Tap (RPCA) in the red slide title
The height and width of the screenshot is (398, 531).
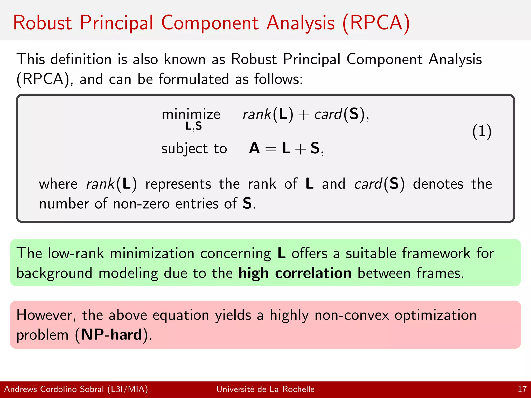pos(376,23)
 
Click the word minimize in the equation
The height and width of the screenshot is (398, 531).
pos(191,114)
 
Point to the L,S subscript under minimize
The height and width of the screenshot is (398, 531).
pos(193,126)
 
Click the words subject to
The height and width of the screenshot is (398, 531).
pos(194,149)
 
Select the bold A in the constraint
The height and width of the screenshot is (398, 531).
pos(254,148)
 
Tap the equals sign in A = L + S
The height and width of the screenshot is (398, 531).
pos(271,149)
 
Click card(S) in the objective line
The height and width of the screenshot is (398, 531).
pos(339,114)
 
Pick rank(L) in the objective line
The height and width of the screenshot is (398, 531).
pos(268,114)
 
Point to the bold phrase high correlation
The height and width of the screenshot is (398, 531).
pos(295,273)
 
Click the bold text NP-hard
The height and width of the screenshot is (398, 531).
pos(111,335)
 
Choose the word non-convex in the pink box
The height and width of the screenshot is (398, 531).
pos(352,315)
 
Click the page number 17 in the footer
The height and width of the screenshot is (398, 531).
pos(522,389)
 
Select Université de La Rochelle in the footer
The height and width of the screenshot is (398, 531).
pos(265,389)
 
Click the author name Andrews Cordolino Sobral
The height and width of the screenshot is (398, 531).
pos(54,389)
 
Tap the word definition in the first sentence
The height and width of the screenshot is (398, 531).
pos(81,59)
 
